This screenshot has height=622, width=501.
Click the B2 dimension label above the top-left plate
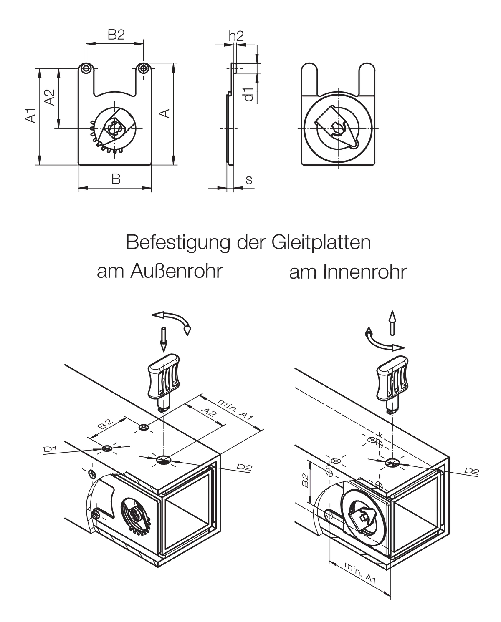click(116, 35)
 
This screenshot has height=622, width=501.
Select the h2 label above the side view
click(236, 36)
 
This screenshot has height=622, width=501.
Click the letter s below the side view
click(249, 180)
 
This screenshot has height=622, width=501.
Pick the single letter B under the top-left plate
click(116, 179)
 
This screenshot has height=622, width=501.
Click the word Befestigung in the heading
click(178, 243)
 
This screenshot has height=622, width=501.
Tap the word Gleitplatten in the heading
click(321, 243)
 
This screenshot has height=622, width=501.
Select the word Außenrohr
click(177, 272)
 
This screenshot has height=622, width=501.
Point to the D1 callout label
click(50, 449)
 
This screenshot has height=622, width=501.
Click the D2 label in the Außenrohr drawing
click(244, 467)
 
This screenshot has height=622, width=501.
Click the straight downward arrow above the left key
click(164, 339)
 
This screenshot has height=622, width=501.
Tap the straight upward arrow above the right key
click(392, 323)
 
